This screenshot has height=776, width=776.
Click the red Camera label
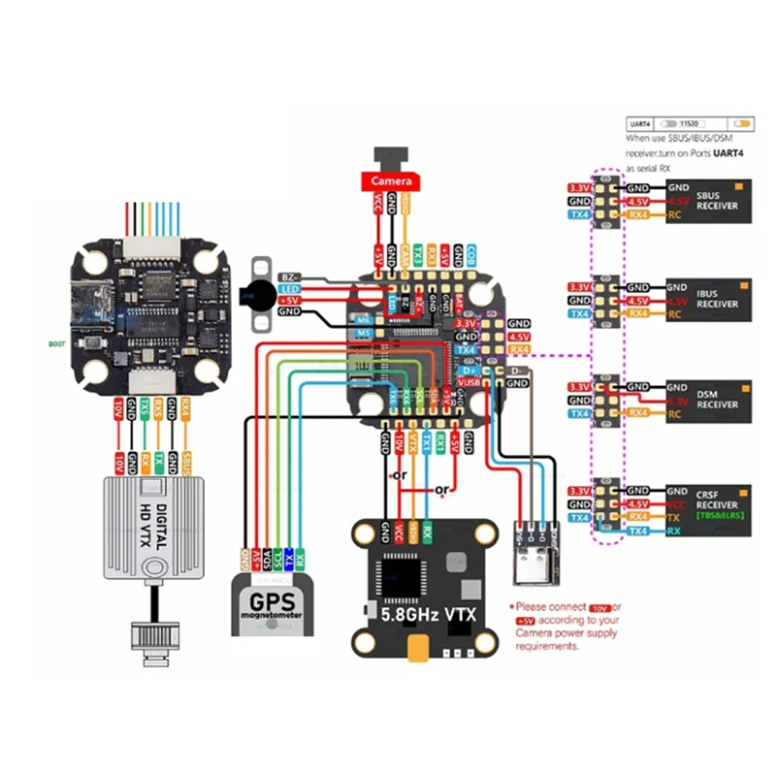390,181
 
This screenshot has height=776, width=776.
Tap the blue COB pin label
469,254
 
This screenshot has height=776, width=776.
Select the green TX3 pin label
418,254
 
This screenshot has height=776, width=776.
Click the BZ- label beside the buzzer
289,276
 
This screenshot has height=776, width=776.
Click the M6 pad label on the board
364,319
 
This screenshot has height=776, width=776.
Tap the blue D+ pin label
467,370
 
